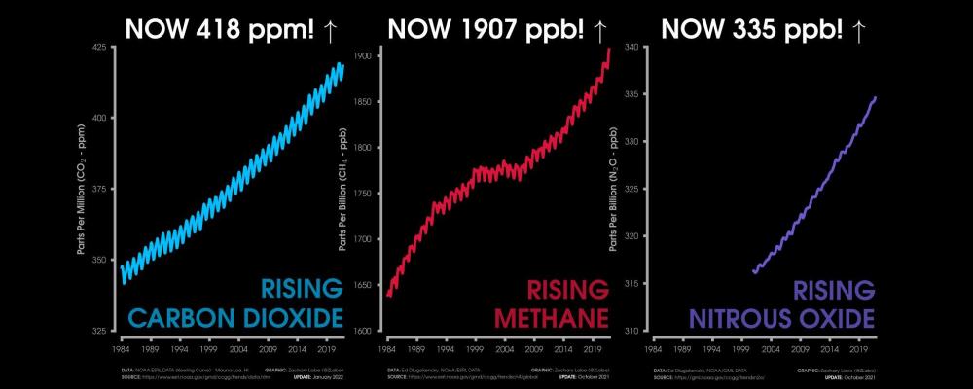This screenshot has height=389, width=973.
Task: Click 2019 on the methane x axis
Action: pyautogui.click(x=592, y=347)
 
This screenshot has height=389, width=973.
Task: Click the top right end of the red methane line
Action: pyautogui.click(x=610, y=49)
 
